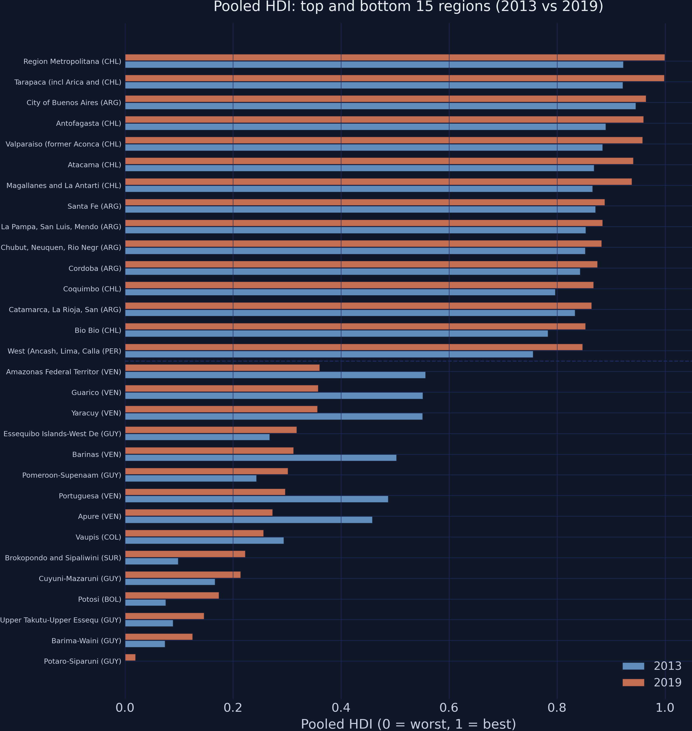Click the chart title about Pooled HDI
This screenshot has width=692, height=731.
pos(408,7)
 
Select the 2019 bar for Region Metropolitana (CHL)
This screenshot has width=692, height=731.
pos(395,58)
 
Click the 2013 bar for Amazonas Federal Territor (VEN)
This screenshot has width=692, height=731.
pos(275,375)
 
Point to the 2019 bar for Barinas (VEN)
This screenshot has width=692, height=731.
pos(209,451)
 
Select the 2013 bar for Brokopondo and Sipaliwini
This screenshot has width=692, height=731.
pos(151,561)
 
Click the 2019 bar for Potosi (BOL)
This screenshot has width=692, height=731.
pos(172,595)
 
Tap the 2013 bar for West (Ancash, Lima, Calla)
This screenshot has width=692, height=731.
pos(329,355)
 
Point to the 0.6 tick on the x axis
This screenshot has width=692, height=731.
pos(449,708)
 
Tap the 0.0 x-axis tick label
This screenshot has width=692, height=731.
pos(125,708)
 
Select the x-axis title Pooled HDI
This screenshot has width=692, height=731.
pos(408,724)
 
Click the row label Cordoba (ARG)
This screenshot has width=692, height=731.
pos(95,268)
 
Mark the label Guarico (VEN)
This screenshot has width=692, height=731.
pos(96,392)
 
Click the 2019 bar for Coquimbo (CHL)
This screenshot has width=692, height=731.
pos(359,285)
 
